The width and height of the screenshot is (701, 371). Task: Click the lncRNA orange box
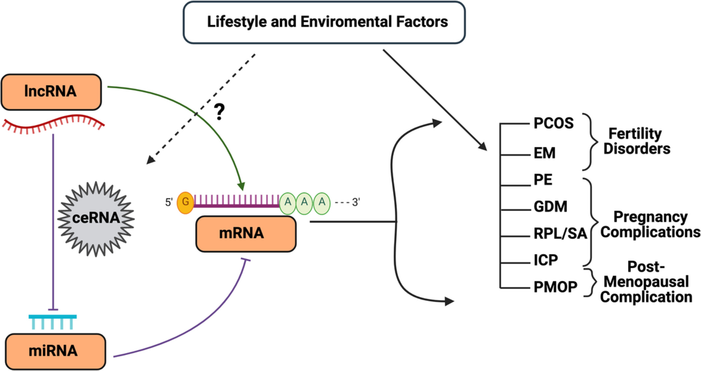51,92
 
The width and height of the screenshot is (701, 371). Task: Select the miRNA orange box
55,351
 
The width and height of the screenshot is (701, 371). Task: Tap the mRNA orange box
246,234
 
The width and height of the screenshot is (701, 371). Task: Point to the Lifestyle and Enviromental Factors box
324,22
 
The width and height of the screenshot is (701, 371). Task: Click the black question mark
219,112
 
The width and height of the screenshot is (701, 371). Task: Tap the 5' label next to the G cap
169,202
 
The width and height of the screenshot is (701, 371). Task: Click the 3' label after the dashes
356,202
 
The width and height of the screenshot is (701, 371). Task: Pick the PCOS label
553,123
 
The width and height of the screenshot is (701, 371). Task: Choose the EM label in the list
545,153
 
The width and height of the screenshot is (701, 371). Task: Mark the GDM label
550,207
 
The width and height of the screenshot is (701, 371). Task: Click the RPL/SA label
560,234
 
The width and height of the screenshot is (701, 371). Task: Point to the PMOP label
555,287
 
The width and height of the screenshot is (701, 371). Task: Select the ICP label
546,260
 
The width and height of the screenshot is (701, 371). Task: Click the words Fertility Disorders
636,141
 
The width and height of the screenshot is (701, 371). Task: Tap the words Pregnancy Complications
650,225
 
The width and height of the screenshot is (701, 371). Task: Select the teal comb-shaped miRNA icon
53,322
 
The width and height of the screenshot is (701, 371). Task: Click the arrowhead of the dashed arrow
150,160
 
